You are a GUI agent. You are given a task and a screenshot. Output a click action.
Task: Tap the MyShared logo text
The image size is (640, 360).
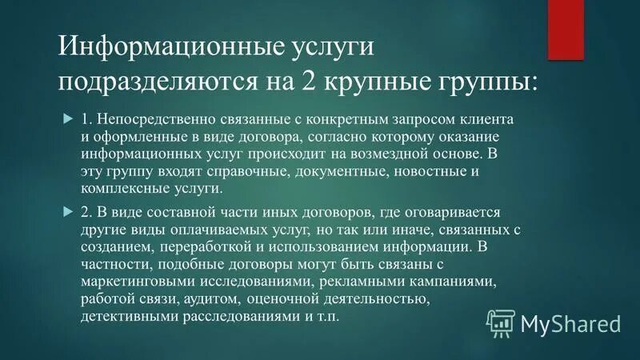tap(570, 324)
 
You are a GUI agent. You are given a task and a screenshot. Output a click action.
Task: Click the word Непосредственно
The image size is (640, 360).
tap(150, 119)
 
